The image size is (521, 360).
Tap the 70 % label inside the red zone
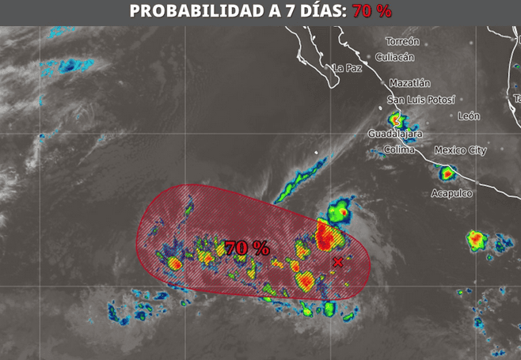(247, 248)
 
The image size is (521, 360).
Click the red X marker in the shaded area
(339, 262)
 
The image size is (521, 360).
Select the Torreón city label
(402, 40)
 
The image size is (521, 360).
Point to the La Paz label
(348, 68)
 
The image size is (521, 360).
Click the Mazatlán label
(409, 82)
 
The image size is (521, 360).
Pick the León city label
(469, 116)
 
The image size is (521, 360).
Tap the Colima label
(399, 150)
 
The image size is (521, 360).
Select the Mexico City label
(460, 150)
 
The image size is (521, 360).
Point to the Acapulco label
(451, 193)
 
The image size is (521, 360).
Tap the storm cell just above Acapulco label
(447, 172)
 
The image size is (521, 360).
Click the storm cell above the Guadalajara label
(399, 121)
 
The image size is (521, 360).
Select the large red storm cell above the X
(324, 235)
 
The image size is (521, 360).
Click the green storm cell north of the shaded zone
(340, 211)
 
